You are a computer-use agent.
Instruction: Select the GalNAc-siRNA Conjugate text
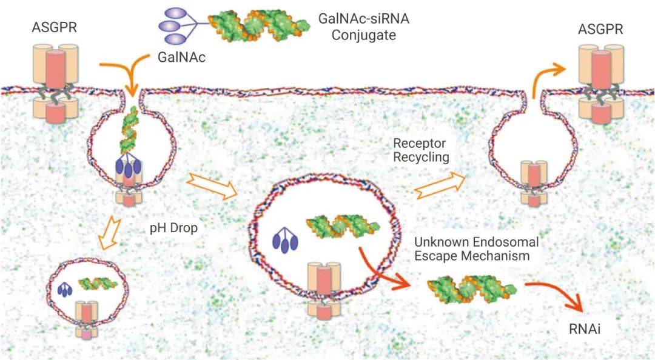click(364, 27)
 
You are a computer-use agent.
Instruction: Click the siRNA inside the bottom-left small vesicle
click(98, 282)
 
